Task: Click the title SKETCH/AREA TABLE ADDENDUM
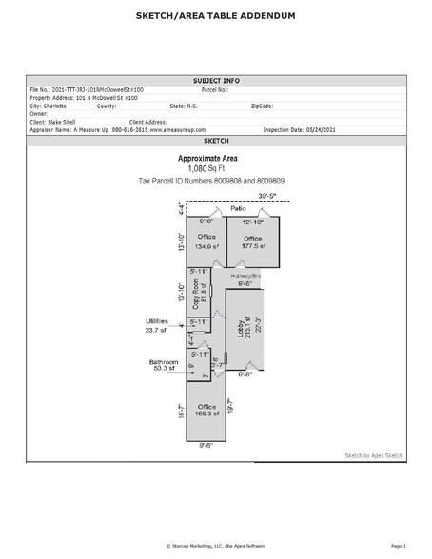coord(216,16)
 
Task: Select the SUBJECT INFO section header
coord(216,82)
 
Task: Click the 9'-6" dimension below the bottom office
coord(206,444)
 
